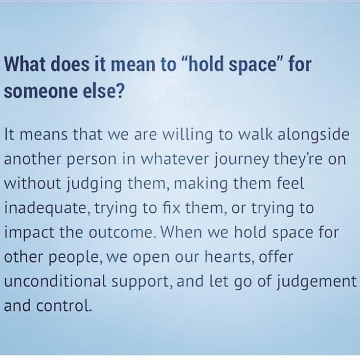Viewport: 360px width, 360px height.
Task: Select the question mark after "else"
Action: click(120, 90)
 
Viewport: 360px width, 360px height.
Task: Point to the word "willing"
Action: click(187, 135)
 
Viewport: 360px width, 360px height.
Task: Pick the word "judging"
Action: click(94, 184)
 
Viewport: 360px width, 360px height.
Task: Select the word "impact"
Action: click(29, 233)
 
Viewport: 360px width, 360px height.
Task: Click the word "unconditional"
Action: click(55, 281)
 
